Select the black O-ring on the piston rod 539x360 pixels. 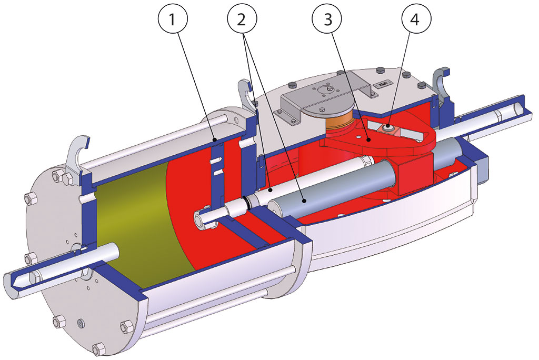click(246, 202)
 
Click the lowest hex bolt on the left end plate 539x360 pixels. click(98, 348)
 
